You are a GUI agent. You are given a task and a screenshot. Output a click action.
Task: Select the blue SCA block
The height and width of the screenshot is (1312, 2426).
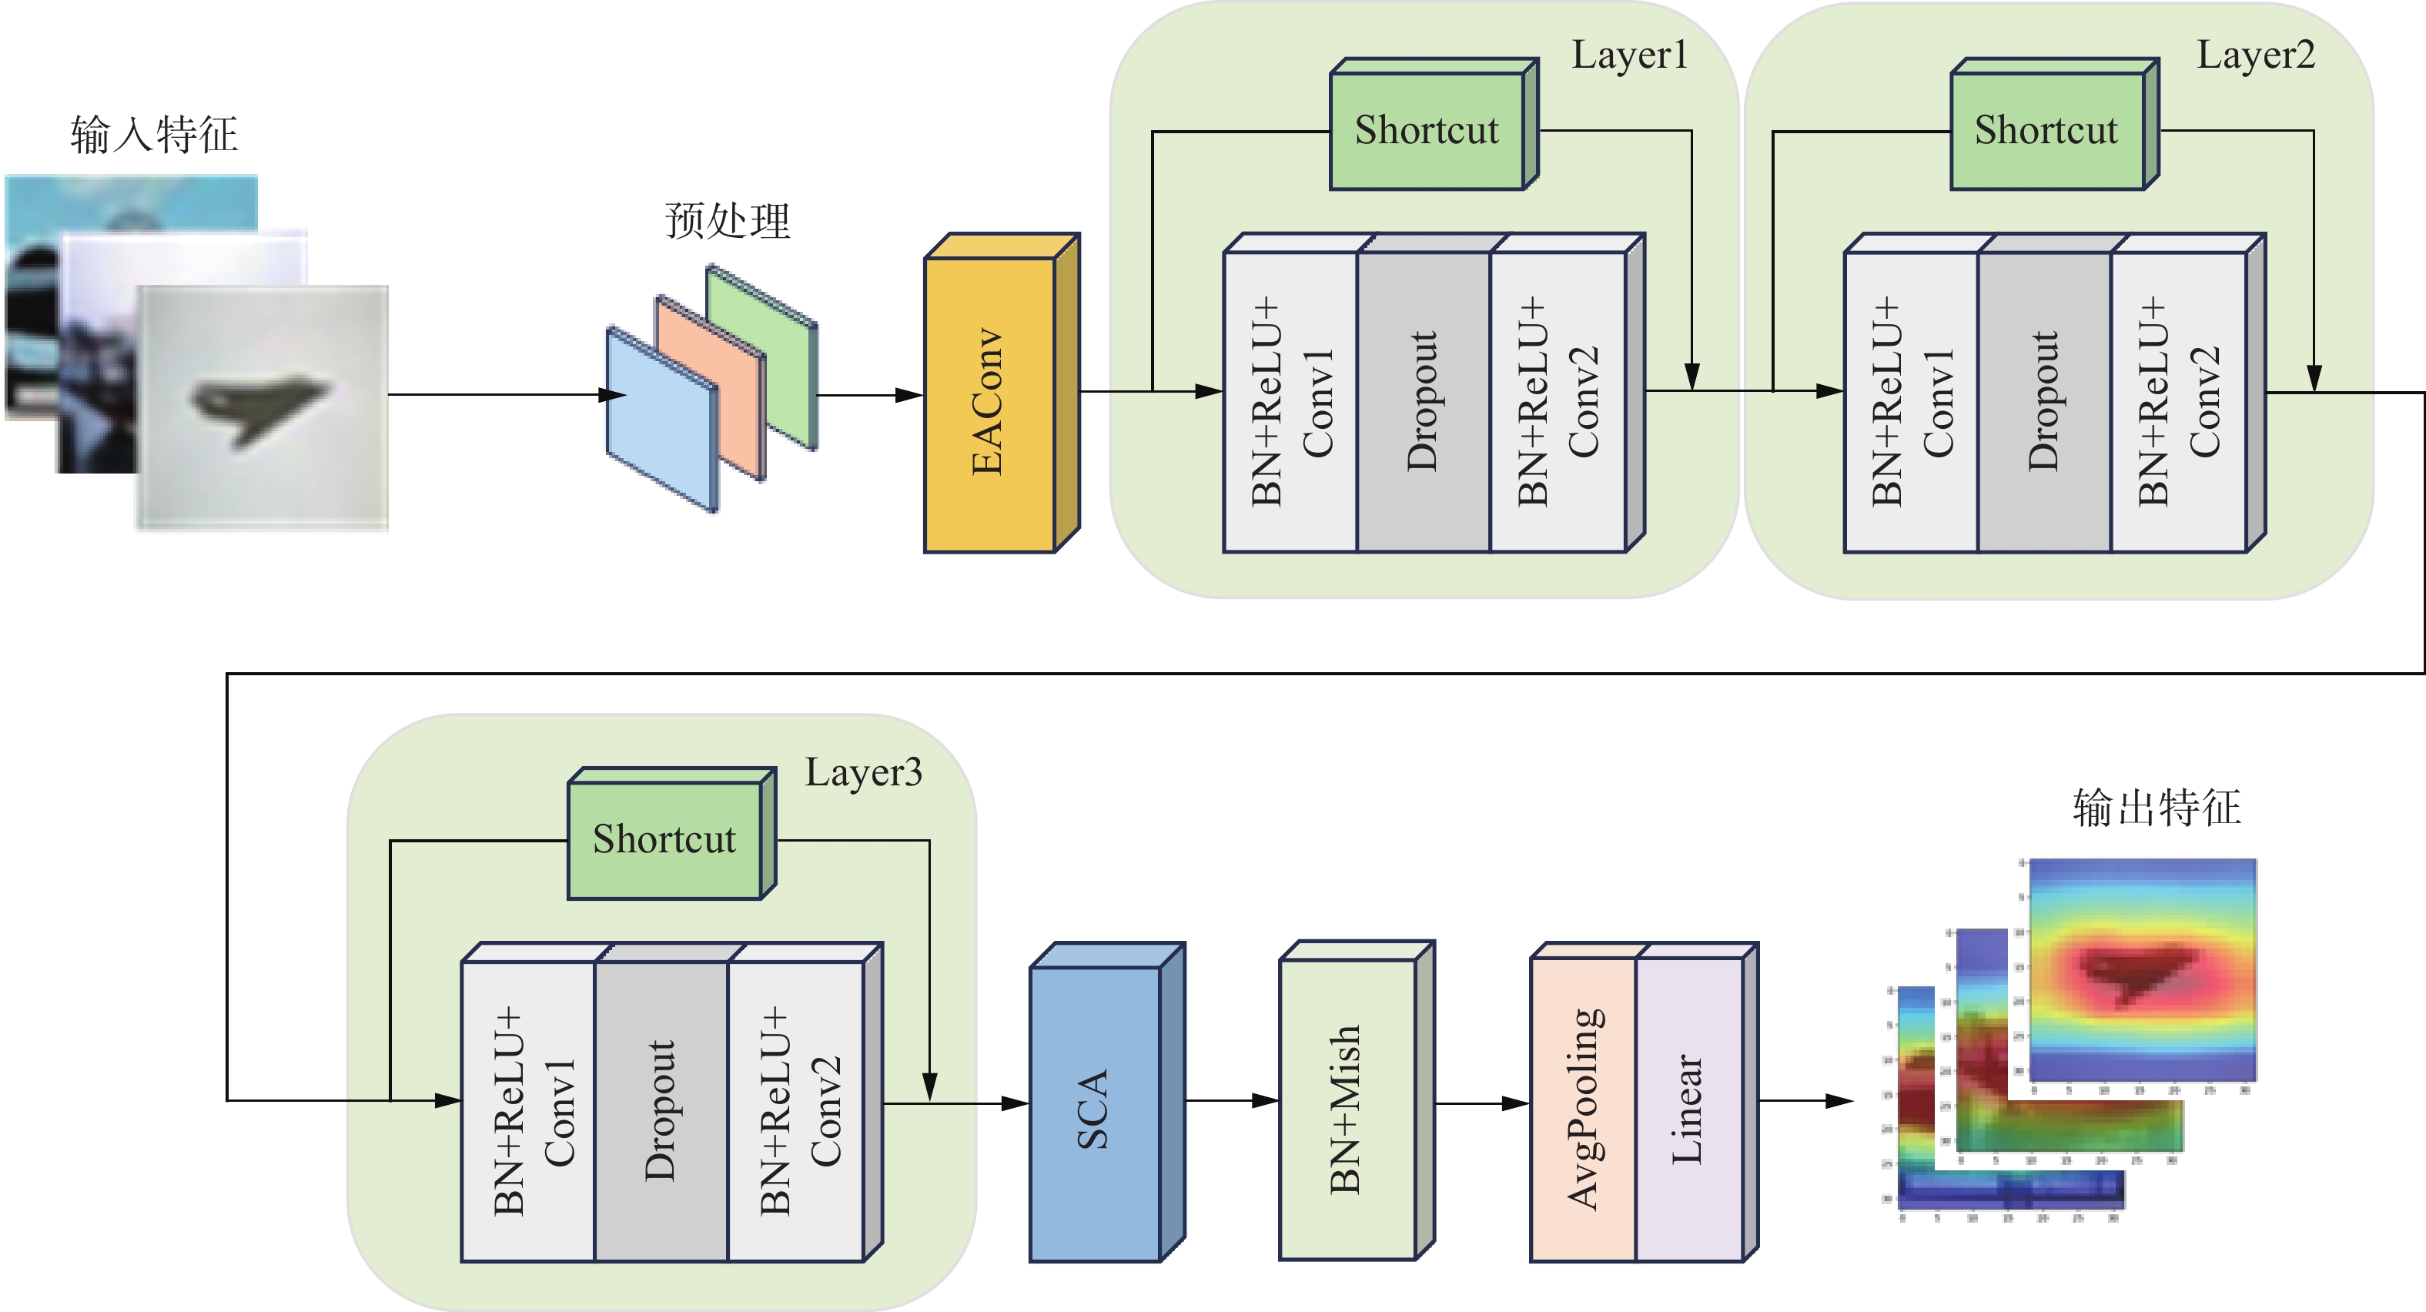[x=1094, y=1111]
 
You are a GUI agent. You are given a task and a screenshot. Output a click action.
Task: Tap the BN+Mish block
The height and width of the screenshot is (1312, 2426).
[x=1347, y=1109]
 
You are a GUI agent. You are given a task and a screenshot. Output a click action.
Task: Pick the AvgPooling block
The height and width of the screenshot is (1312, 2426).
[x=1584, y=1109]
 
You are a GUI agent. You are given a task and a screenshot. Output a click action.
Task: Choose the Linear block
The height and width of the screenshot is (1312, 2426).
[x=1688, y=1109]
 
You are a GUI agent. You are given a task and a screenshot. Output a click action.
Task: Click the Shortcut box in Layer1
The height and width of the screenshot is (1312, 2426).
[x=1427, y=130]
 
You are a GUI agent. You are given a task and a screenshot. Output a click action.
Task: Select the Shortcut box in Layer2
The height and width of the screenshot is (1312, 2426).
[x=2046, y=130]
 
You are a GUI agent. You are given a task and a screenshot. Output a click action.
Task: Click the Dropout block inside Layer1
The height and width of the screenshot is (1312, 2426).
[x=1423, y=401]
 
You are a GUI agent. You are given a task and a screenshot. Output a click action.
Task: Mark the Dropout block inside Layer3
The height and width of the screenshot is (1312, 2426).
[x=661, y=1110]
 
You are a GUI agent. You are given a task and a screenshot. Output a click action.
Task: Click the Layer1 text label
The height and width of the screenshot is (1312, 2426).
[x=1629, y=55]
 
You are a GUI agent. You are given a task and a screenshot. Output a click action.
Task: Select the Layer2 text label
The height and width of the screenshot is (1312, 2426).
[x=2256, y=55]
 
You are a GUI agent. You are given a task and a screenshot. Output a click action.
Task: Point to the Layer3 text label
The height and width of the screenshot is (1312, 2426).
[x=864, y=772]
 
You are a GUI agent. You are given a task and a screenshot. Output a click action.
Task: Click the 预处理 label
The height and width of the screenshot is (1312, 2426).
[x=727, y=221]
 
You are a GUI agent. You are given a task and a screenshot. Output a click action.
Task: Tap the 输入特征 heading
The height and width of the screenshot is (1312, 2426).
[x=153, y=134]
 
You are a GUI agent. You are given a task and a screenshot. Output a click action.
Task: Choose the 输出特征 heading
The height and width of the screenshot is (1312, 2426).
[x=2157, y=807]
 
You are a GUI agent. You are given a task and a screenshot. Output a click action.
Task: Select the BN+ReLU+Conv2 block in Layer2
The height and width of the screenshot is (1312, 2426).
[x=2178, y=401]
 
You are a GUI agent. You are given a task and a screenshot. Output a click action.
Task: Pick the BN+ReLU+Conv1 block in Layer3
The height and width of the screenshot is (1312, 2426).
[x=528, y=1110]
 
